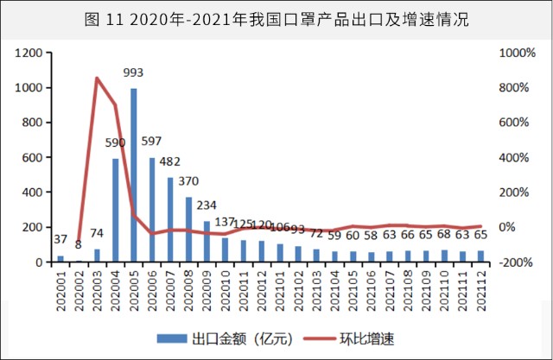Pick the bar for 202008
pos(189,229)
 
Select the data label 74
pos(97,233)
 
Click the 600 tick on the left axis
pos(33,157)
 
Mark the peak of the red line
pos(97,79)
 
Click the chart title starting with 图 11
pos(276,19)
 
